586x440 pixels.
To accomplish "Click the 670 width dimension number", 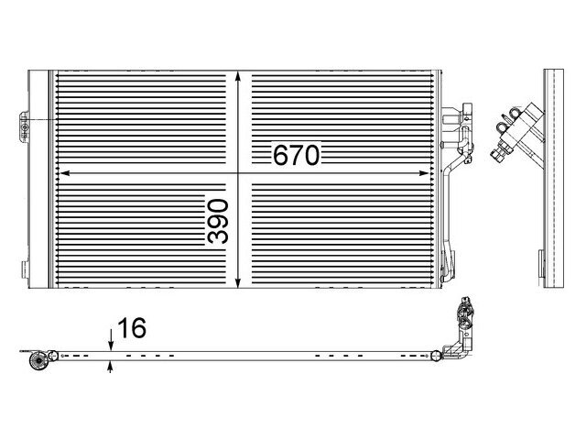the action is tap(297, 155).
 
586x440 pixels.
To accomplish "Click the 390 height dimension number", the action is tap(218, 221).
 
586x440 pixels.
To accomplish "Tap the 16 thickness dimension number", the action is tap(132, 328).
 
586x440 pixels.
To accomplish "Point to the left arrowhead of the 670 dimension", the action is tap(65, 173).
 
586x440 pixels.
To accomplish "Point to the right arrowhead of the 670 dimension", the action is tap(424, 173).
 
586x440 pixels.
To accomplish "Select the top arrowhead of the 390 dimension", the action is tap(238, 77).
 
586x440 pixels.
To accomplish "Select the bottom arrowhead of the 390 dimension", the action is tap(238, 283).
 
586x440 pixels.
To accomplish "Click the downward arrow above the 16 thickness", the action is tap(111, 340).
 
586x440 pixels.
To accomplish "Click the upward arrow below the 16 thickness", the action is tap(110, 367).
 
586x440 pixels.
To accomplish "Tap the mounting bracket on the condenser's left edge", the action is tap(25, 126).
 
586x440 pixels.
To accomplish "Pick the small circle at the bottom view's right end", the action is tap(436, 356).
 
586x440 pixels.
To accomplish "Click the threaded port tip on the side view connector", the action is tap(496, 154).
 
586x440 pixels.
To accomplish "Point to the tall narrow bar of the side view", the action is tap(553, 178).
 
